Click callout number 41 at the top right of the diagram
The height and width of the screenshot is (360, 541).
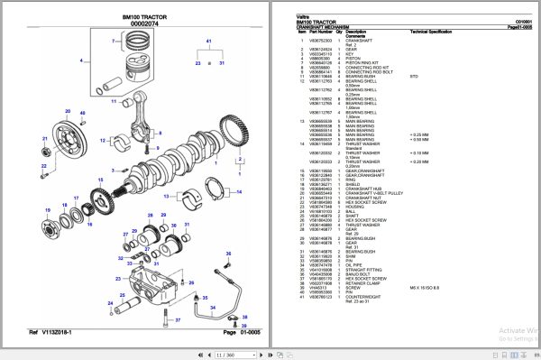(x=209, y=42)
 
